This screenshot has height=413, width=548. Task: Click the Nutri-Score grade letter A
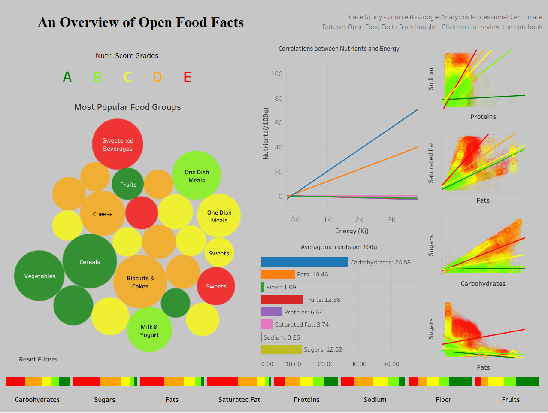pos(67,77)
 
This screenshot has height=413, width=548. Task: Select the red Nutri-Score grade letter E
pos(187,77)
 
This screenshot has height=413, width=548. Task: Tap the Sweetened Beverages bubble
pos(118,144)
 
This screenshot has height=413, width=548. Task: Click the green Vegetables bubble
pos(39,276)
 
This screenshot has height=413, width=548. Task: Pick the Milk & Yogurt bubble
pos(149,331)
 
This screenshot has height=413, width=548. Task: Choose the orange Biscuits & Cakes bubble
pos(140,282)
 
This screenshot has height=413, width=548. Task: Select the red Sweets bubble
pos(216,286)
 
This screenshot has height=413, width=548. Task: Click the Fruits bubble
pos(128,185)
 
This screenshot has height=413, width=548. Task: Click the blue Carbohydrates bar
pos(304,262)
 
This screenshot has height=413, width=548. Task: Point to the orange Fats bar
pos(278,274)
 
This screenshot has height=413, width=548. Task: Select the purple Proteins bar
pos(271,312)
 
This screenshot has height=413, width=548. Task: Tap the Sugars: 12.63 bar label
pos(323,349)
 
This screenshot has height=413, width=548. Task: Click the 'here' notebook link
pos(464,27)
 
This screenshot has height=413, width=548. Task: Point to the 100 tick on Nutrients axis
pos(276,74)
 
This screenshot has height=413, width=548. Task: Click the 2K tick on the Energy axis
pos(359,220)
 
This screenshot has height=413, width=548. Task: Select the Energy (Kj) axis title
pos(351,231)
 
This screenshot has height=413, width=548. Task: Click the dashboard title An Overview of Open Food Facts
pos(141,22)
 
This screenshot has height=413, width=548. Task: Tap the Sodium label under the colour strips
pos(375,400)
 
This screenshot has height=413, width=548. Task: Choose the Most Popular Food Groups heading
pos(127,107)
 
